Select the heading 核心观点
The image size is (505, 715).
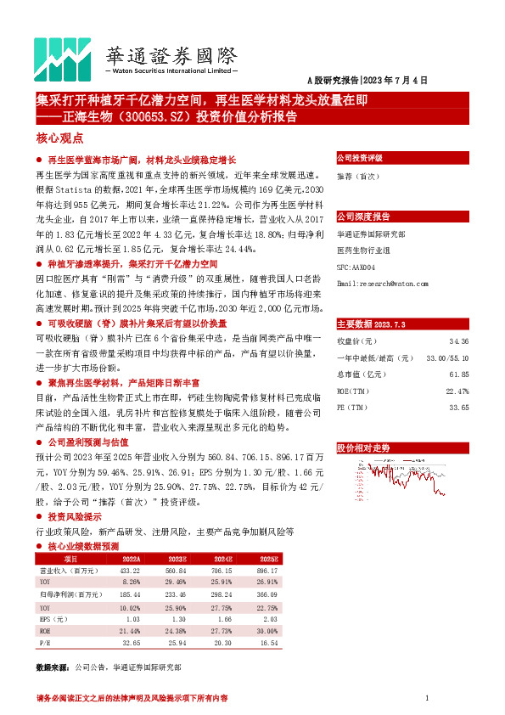(59, 137)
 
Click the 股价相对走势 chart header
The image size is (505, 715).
(363, 447)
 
